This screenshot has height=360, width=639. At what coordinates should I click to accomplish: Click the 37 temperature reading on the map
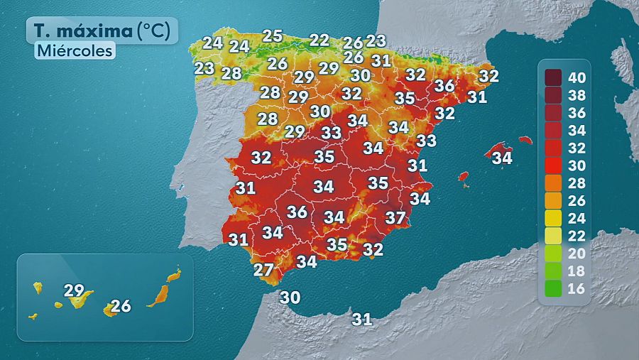tap(395, 217)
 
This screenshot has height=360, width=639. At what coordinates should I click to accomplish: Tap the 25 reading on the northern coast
tap(273, 36)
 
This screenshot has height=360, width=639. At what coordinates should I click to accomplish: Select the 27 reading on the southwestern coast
tap(263, 270)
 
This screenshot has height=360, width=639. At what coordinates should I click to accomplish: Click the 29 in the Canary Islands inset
tap(74, 290)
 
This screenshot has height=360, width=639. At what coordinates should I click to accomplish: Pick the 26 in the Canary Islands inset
tap(121, 306)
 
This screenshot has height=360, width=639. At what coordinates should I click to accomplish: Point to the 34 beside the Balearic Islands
tap(502, 157)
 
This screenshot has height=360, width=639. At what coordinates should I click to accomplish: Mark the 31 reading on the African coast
tap(362, 320)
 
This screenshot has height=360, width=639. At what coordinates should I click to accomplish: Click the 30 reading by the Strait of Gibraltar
tap(290, 298)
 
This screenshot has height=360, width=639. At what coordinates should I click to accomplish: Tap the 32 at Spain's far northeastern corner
tap(488, 75)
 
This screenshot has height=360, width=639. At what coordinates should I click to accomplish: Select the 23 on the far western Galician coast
tap(204, 68)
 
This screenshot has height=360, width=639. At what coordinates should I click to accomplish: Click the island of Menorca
tap(525, 141)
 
